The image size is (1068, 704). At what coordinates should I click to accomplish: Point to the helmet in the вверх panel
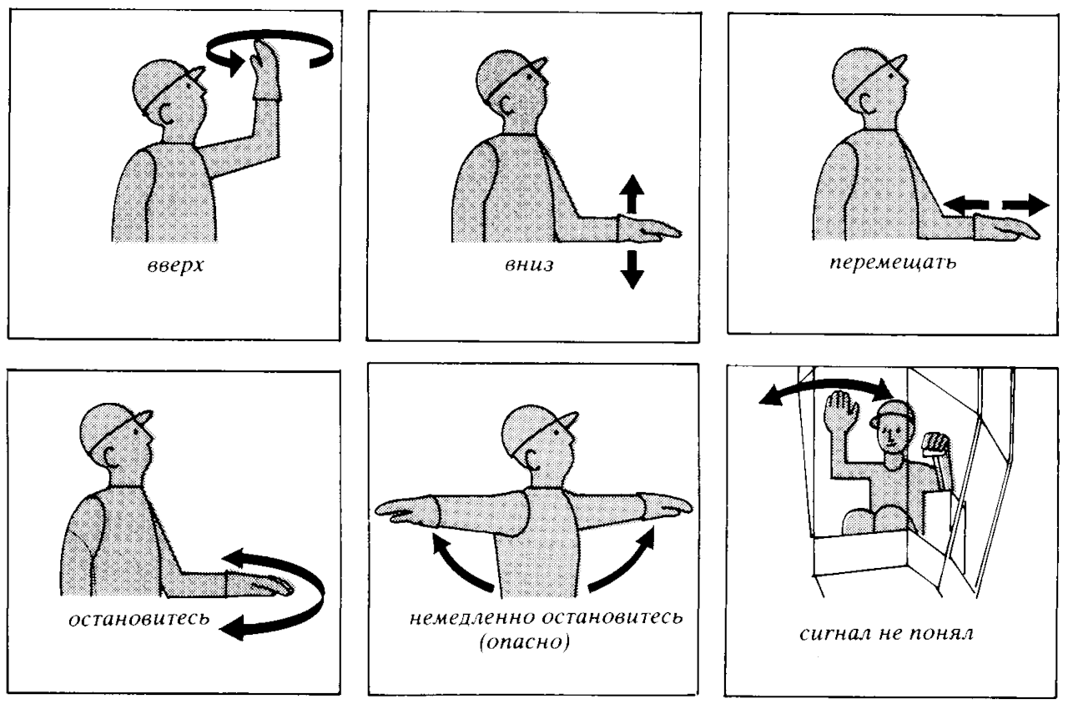tap(164, 77)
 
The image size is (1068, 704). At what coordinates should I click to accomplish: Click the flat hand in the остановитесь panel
tap(261, 586)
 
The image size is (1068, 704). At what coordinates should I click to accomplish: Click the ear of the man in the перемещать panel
tap(846, 103)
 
